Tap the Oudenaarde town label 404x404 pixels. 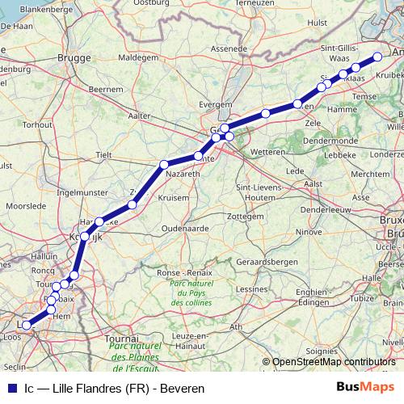click(x=186, y=229)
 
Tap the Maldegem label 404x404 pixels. click(x=137, y=58)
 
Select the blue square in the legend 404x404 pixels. click(x=11, y=388)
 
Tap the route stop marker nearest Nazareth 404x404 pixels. click(x=198, y=156)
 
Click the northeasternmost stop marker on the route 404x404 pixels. click(x=377, y=57)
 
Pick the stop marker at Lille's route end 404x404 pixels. click(x=26, y=326)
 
